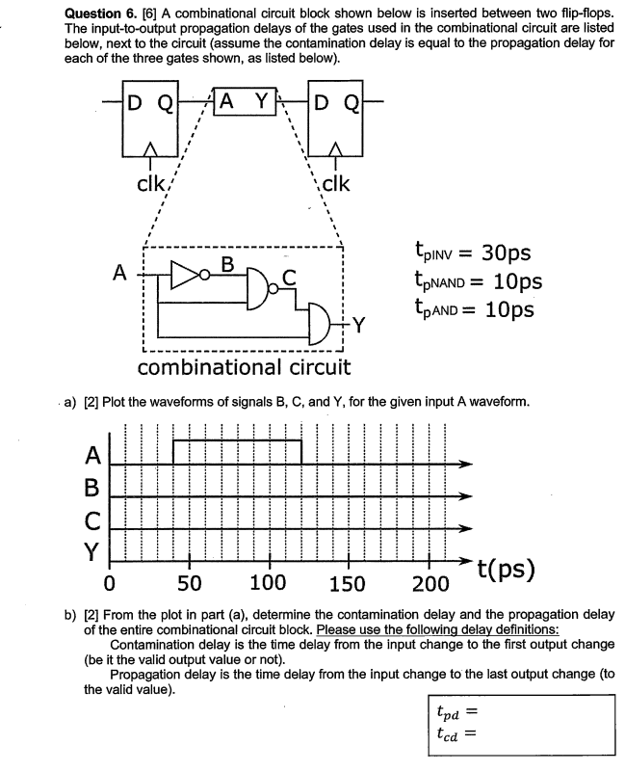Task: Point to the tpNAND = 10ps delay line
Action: [x=478, y=282]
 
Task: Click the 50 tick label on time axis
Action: [x=189, y=584]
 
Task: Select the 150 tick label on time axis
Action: [x=348, y=584]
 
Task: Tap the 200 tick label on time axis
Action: [x=430, y=584]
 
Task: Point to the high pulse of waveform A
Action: [x=237, y=441]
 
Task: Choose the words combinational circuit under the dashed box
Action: [x=245, y=367]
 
